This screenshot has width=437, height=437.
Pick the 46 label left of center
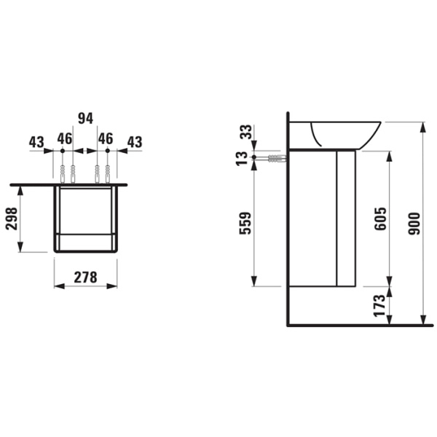[64, 138]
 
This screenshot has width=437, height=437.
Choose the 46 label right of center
[106, 138]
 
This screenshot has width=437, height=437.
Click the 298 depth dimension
[11, 218]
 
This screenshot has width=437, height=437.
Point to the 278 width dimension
[86, 276]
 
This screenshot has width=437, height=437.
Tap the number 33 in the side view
[245, 133]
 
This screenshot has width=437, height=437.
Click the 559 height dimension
[245, 222]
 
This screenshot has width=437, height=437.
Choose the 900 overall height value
[414, 222]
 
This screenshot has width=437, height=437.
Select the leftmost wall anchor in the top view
[63, 173]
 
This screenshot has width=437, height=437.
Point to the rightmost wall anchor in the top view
[107, 173]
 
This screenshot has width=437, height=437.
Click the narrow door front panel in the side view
[345, 219]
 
